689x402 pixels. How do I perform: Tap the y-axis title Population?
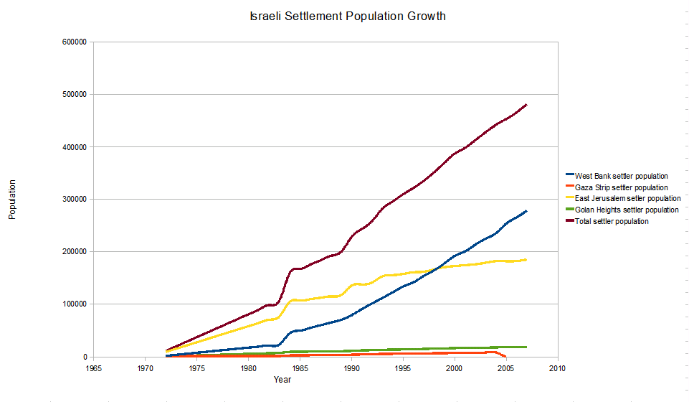[x=12, y=200]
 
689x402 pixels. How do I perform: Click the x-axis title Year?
[x=282, y=379]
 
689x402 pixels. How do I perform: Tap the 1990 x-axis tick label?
[x=351, y=368]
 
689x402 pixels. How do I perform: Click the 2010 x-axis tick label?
[x=557, y=368]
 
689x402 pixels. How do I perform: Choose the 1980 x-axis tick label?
[x=248, y=368]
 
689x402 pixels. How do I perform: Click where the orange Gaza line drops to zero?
[x=505, y=356]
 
